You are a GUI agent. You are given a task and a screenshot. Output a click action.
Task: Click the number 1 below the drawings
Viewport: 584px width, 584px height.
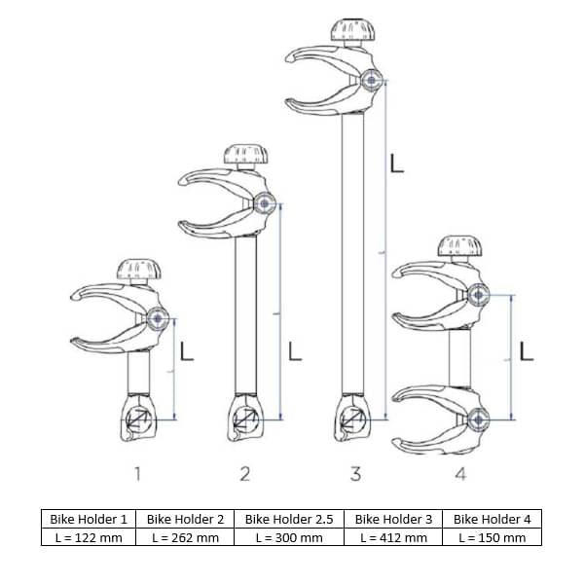137,474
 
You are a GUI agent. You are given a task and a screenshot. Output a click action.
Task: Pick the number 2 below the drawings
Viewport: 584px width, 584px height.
245,474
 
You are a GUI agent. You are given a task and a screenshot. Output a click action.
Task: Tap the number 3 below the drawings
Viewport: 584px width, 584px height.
355,474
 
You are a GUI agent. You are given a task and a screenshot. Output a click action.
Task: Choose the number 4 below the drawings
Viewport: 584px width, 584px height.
460,474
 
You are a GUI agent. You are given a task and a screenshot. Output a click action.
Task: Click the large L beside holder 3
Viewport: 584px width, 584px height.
396,164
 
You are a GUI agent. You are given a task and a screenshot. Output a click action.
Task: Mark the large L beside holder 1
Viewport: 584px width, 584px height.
187,350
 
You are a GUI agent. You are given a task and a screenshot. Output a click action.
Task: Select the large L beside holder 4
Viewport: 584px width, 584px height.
526,350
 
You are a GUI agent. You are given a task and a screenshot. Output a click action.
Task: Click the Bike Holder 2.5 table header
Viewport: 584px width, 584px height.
289,519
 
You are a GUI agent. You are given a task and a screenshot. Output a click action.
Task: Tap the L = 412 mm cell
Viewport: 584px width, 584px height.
393,537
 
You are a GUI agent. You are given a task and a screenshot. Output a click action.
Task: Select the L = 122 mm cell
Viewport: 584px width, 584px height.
89,537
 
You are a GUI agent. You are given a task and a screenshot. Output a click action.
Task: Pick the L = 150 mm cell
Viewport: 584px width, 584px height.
493,537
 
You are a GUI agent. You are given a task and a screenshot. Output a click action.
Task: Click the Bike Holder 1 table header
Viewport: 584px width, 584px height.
89,519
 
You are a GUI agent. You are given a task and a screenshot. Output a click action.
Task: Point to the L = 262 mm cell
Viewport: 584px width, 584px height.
185,537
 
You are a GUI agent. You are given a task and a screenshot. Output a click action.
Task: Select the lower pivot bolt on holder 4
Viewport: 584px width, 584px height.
478,419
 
